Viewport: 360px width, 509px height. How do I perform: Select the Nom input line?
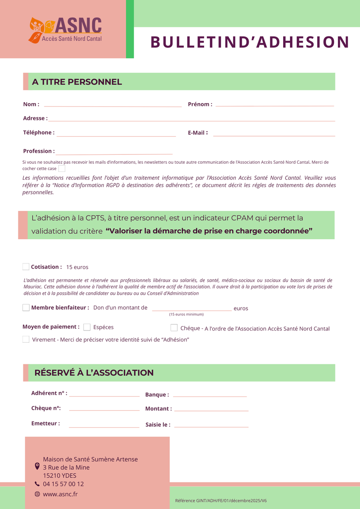coord(112,106)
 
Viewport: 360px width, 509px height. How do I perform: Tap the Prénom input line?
coord(274,105)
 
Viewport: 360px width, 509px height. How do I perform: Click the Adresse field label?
coord(35,118)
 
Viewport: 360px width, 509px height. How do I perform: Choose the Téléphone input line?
coord(116,135)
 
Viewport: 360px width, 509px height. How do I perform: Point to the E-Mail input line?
coord(274,135)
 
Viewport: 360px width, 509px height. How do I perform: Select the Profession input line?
coord(114,153)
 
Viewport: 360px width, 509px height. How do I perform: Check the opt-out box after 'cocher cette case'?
coord(62,168)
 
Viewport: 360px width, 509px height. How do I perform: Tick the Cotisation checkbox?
coord(26,267)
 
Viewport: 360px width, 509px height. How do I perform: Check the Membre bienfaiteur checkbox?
coord(26,308)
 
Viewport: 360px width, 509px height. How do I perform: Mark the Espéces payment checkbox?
coord(87,327)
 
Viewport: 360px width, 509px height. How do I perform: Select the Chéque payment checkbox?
coord(174,328)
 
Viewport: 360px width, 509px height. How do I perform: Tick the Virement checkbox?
coord(26,339)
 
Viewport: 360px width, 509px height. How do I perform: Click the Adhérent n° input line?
coord(104,395)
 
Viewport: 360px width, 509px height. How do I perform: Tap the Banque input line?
coord(210,396)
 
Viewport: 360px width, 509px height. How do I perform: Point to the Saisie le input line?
coord(211,426)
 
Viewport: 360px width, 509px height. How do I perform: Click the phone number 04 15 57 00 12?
coord(63,484)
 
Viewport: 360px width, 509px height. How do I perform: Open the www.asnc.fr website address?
coord(60,494)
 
